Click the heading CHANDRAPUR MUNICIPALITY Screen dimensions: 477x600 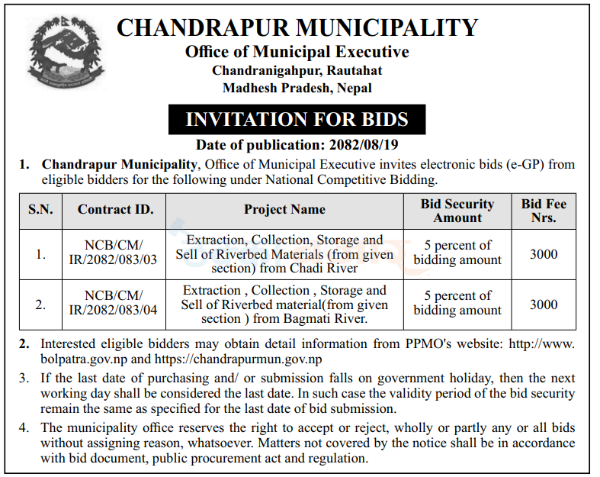coord(297,28)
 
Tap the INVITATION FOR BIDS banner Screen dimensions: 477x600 coord(297,119)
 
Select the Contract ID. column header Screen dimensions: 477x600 coord(116,209)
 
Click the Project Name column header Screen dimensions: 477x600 coord(284,209)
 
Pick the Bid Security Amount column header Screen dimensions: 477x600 coord(457,210)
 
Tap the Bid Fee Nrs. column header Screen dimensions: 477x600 coord(544,210)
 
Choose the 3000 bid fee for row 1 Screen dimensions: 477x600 coord(544,253)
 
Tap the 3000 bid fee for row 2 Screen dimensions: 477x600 coord(544,304)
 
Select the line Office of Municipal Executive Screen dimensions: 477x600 coord(297,52)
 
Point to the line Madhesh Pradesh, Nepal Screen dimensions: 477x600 coord(297,88)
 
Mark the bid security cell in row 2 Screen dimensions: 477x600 coord(457,303)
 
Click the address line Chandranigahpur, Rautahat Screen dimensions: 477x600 coord(297,70)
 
